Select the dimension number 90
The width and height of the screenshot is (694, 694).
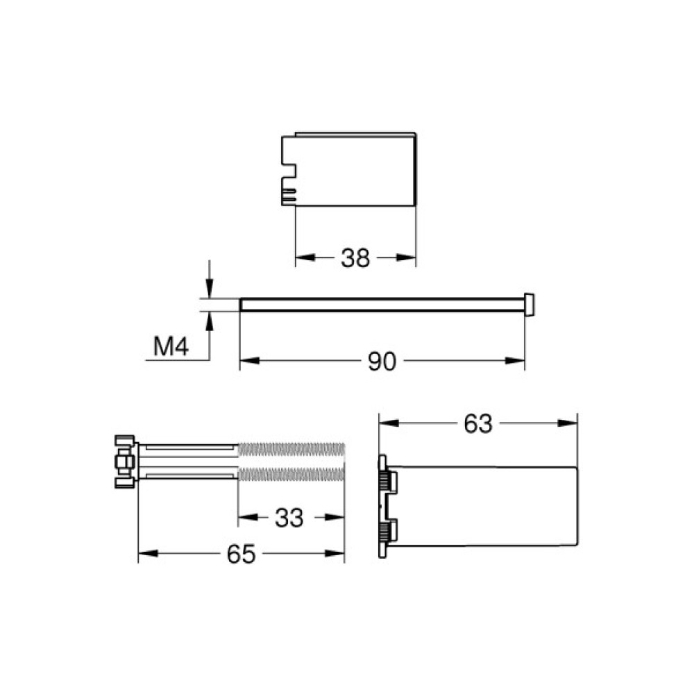(x=381, y=361)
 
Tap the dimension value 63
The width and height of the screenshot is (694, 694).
(x=477, y=423)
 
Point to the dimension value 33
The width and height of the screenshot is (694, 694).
(x=289, y=518)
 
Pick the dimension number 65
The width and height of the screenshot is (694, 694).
(x=242, y=554)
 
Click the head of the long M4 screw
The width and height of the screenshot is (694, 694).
(x=530, y=304)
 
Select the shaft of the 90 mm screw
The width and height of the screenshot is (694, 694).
(x=382, y=305)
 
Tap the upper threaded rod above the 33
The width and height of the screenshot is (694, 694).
(x=291, y=449)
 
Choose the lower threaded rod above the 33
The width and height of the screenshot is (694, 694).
(x=291, y=475)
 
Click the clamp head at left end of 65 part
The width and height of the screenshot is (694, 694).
(x=124, y=462)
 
